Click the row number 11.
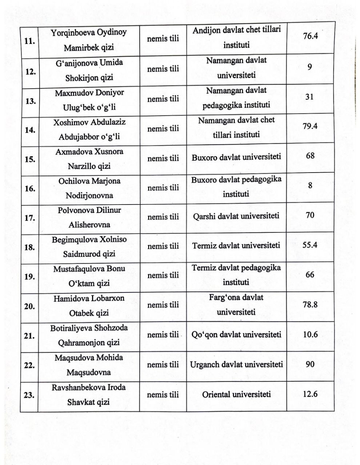(29, 41)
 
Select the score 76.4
(310, 36)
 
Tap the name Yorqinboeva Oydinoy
(89, 32)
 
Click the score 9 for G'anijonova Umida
(309, 67)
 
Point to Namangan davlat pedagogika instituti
(236, 98)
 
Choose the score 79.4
(310, 126)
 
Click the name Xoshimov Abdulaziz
(89, 122)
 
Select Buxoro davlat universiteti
(236, 158)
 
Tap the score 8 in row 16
(310, 186)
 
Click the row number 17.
(29, 218)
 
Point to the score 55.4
(310, 245)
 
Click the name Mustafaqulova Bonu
(89, 269)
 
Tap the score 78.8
(310, 304)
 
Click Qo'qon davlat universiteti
(236, 335)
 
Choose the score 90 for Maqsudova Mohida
(310, 364)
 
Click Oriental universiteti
(236, 394)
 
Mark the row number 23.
(29, 396)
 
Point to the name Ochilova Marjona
(89, 181)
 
